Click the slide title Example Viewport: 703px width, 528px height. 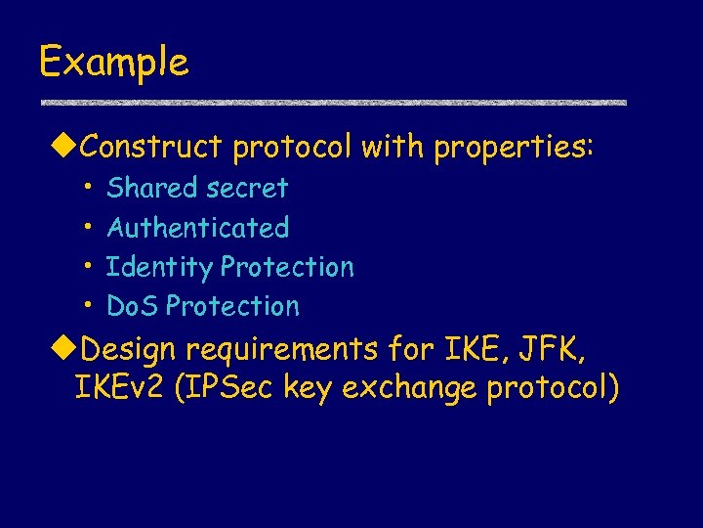tap(113, 63)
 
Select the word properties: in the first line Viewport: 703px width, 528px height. tap(514, 148)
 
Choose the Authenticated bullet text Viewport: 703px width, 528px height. tap(198, 228)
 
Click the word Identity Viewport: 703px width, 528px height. tap(159, 267)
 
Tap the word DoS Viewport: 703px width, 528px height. tap(133, 306)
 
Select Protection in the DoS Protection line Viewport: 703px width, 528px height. tap(232, 306)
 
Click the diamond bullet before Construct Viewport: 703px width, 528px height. tap(63, 148)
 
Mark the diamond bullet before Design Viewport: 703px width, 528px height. tap(63, 348)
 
